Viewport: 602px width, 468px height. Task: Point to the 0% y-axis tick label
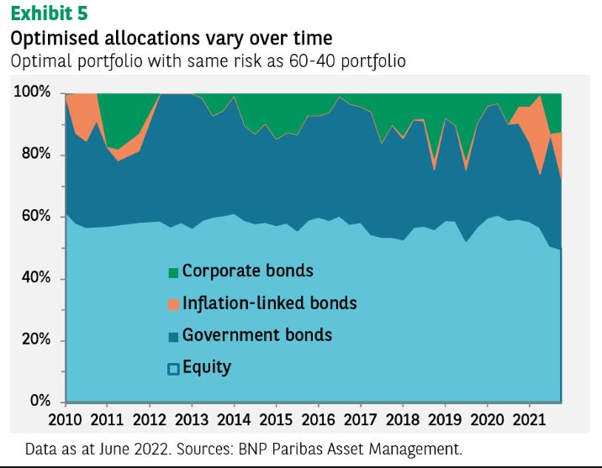41,401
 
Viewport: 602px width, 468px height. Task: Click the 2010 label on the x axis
66,418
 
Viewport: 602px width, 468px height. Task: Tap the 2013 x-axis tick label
193,418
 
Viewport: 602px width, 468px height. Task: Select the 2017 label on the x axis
362,418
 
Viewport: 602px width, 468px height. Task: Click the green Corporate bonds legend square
173,272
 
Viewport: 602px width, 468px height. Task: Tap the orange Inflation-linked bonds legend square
173,304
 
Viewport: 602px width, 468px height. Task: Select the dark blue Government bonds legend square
173,336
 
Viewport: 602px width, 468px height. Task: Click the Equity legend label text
206,367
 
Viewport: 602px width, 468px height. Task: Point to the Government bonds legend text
256,335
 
